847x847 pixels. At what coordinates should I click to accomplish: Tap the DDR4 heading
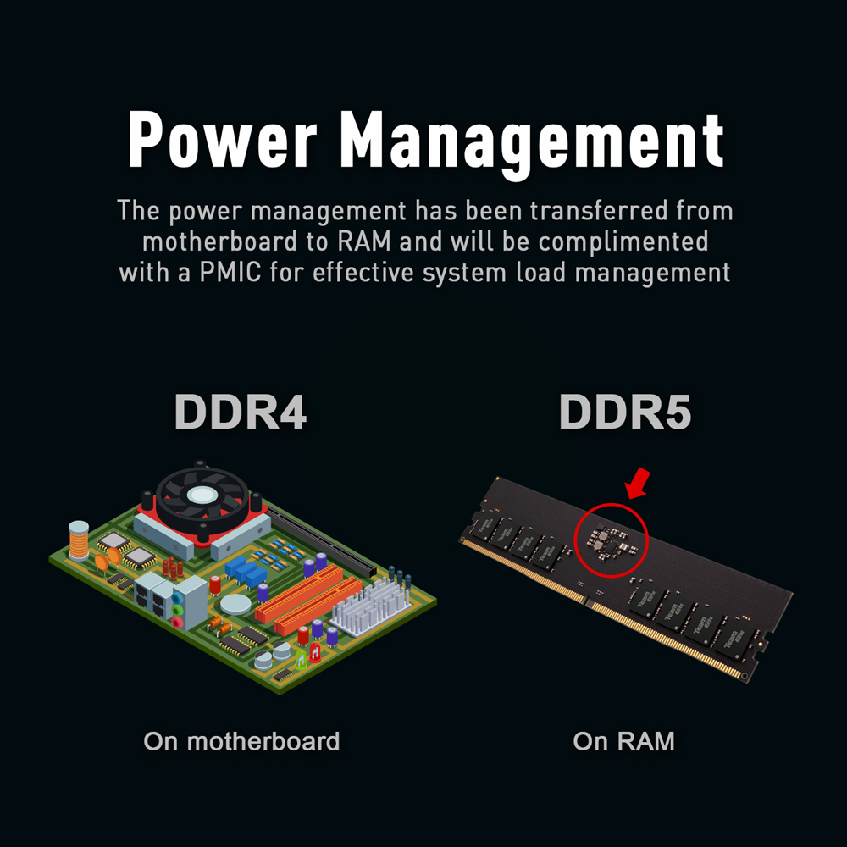[240, 412]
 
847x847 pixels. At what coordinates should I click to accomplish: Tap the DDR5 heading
[625, 412]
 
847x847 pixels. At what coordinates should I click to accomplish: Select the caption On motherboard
[241, 742]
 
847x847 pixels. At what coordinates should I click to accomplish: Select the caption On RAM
[624, 742]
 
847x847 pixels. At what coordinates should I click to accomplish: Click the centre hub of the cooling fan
[203, 495]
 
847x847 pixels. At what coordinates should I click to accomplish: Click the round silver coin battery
[236, 604]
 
